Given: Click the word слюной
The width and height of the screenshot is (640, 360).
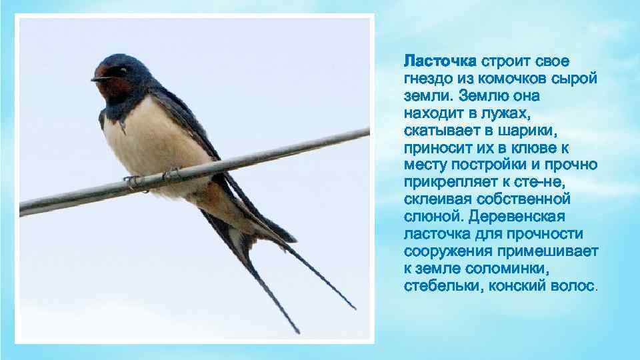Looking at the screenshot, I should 433,217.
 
